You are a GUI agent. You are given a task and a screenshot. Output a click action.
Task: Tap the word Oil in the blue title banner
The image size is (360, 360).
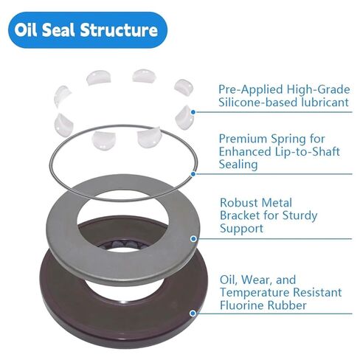pos(38,31)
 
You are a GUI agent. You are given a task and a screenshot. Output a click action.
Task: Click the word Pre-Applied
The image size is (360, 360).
pos(248,89)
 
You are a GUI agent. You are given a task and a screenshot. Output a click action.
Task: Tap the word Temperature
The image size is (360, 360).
pos(255,294)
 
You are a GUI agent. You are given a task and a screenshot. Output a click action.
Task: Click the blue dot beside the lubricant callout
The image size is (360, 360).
pos(193,113)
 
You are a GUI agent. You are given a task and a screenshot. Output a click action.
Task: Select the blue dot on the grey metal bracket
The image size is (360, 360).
pos(193,239)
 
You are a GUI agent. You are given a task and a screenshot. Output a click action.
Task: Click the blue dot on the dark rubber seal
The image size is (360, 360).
pos(193,313)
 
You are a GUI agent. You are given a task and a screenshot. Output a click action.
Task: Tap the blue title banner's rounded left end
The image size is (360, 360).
pos(16,31)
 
